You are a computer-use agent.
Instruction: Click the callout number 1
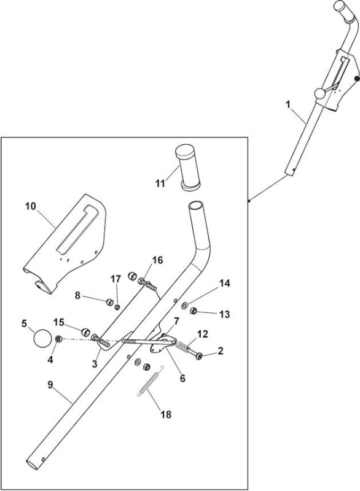pos(288,104)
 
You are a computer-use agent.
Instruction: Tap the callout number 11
pos(160,184)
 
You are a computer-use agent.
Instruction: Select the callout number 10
pos(31,206)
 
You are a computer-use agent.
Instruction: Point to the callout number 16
pos(158,260)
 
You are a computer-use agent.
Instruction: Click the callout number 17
pos(116,279)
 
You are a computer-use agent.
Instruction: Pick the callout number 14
pos(225,283)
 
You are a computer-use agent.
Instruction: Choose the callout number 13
pos(225,314)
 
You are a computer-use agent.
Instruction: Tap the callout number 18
pos(166,414)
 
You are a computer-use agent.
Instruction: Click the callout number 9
pos(50,385)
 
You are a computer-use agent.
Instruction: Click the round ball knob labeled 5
pos(42,338)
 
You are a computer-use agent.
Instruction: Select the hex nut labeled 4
pos(58,339)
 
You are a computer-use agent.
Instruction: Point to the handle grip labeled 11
pos(187,167)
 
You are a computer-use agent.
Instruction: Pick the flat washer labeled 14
pos(185,304)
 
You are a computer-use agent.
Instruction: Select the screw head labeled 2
pos(199,356)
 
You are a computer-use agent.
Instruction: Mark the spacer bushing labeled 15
pos(85,332)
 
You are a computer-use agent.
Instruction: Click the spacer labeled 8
pos(109,302)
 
